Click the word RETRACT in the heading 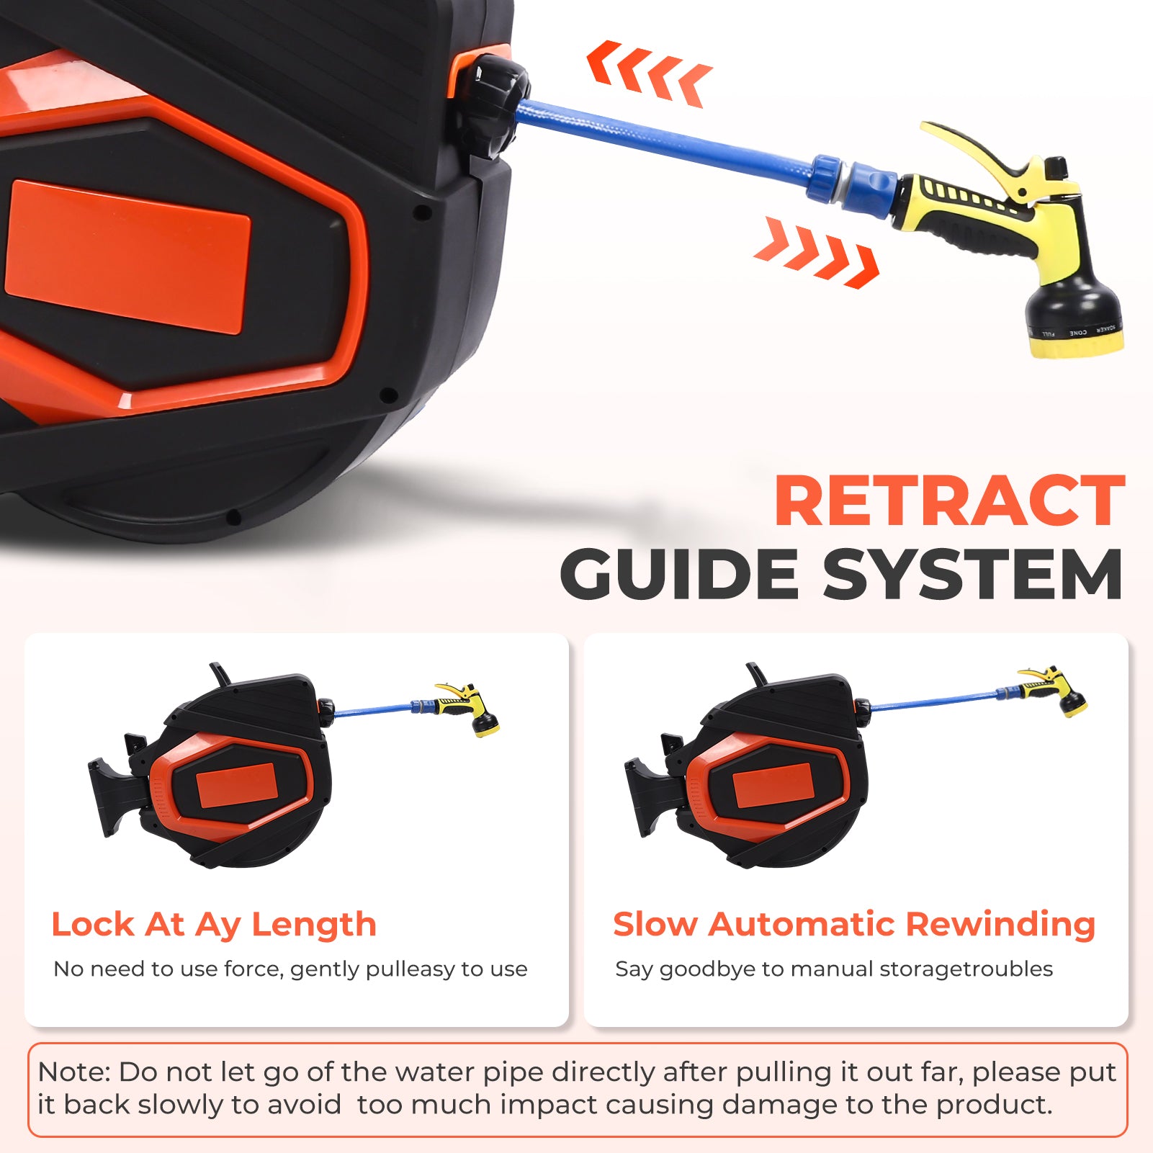coord(949,501)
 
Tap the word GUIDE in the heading coord(679,574)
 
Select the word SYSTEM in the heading coord(973,574)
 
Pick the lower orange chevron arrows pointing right coord(817,252)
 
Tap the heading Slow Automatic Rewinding coord(854,925)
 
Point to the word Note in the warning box coord(73,1072)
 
